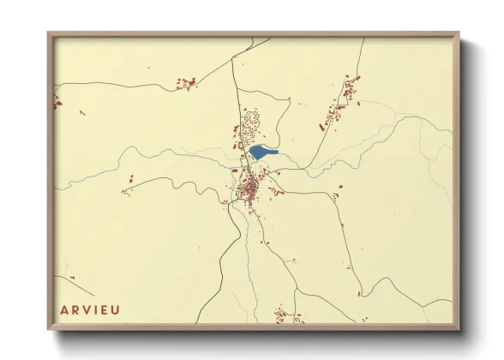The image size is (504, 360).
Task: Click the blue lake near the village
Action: [262, 153]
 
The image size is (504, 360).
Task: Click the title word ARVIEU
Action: [90, 309]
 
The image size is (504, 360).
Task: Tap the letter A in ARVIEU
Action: [64, 309]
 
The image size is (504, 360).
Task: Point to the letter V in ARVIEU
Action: [87, 309]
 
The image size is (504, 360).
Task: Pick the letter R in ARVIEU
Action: [75, 309]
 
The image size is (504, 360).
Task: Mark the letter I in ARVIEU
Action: [96, 309]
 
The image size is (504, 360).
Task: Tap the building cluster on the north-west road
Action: [186, 83]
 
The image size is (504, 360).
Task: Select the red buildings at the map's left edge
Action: [58, 102]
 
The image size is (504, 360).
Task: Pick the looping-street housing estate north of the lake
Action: [250, 127]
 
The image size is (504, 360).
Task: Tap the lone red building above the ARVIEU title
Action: [70, 279]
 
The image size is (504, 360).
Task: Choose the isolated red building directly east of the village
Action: [340, 186]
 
